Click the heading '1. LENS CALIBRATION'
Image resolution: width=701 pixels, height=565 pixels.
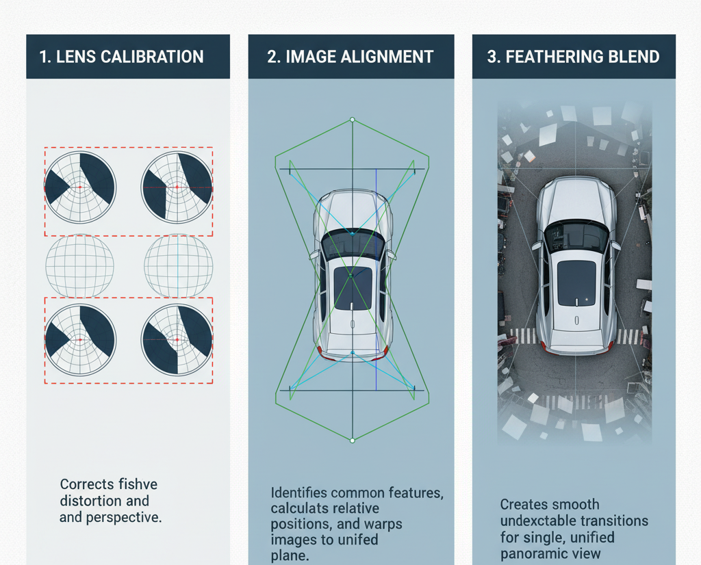pos(121,57)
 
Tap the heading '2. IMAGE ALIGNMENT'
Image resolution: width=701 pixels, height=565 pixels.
pos(350,57)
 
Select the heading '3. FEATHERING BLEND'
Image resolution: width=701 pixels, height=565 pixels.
pos(573,57)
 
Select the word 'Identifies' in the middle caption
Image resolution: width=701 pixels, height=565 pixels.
pos(298,492)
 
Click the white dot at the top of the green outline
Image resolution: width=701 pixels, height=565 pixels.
pos(352,120)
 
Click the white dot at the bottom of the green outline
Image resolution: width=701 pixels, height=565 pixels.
pos(352,441)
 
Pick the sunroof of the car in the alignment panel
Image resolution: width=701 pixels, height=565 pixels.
pos(353,287)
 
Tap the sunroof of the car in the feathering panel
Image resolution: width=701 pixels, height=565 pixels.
pos(576,282)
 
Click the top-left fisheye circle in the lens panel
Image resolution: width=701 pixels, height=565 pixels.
pos(80,187)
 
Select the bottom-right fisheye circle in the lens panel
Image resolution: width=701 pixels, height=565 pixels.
pos(177,339)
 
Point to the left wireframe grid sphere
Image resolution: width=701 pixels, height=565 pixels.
pos(79,265)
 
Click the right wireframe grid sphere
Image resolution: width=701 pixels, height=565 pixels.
pos(177,265)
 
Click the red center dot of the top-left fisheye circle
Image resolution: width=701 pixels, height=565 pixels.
pos(80,187)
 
